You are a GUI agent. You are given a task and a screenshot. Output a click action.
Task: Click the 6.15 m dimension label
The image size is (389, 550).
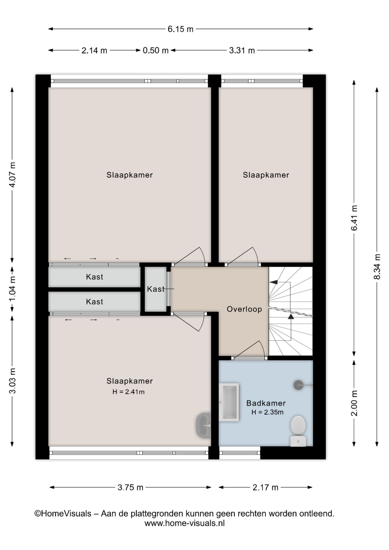[180, 29]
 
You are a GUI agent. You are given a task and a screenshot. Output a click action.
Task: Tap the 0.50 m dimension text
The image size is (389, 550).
[156, 50]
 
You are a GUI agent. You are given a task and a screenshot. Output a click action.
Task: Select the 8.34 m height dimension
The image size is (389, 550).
[378, 267]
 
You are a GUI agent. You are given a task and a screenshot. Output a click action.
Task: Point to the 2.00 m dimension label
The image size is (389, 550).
[354, 403]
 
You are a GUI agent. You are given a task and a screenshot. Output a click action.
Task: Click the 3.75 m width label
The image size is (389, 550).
[130, 487]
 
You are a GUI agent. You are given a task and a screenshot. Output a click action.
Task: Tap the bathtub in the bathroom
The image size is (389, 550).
[229, 402]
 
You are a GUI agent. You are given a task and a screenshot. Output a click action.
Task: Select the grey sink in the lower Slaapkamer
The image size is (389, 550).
[203, 425]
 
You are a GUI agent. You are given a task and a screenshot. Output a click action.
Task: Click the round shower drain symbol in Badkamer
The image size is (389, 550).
[298, 385]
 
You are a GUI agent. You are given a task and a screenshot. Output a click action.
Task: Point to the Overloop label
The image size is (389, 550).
[244, 309]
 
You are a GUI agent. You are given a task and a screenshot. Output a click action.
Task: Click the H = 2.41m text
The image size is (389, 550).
[128, 392]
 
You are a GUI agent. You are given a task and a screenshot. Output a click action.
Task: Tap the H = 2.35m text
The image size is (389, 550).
[268, 412]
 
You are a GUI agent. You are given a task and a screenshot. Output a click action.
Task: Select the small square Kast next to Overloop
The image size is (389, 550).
[156, 289]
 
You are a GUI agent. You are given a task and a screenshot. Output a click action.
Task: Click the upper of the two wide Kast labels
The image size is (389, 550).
[95, 277]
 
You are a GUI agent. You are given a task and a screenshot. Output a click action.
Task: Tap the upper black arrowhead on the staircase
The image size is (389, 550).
[274, 282]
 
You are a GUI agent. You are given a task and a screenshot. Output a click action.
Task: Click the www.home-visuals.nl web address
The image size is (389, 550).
[184, 523]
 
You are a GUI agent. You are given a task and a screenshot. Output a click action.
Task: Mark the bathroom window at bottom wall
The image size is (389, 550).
[239, 453]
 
